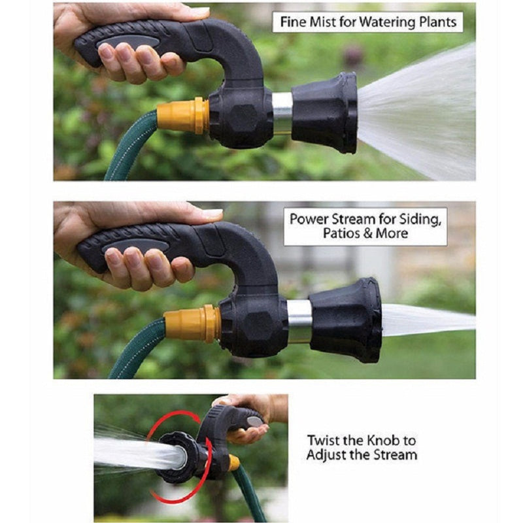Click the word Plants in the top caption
434,22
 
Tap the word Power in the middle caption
308,218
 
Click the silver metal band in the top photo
282,112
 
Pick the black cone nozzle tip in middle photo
346,320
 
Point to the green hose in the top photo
128,151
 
